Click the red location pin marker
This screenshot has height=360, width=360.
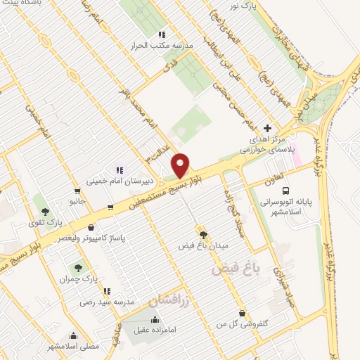181,165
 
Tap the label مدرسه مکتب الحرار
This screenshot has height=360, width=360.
162,46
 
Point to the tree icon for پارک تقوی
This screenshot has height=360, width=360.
46,211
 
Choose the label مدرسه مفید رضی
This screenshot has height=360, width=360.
105,302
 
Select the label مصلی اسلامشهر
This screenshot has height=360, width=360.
73,347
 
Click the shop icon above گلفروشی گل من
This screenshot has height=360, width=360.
242,314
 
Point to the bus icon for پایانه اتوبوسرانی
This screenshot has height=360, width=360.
285,191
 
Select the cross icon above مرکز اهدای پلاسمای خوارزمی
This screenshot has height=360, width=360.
266,129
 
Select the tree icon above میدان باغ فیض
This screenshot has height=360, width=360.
204,235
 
